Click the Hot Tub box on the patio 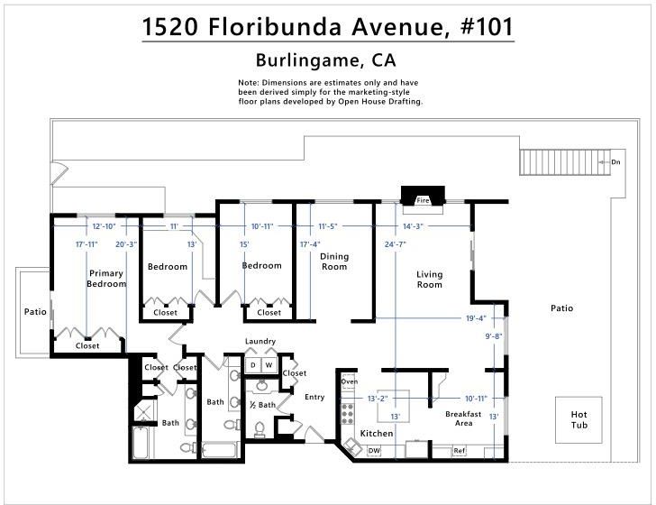click(x=579, y=419)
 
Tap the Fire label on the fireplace click(x=423, y=200)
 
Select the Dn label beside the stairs click(x=615, y=162)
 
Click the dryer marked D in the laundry click(x=252, y=365)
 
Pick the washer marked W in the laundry click(x=269, y=365)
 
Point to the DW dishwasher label click(x=374, y=451)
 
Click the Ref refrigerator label click(x=459, y=451)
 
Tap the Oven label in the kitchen click(x=350, y=381)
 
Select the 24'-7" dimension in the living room click(x=396, y=244)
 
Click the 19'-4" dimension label click(x=476, y=318)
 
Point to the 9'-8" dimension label click(x=494, y=335)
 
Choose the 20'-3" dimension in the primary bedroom click(x=126, y=244)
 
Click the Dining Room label click(x=334, y=262)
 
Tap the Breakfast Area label click(x=463, y=418)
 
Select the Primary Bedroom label click(x=106, y=279)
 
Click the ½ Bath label click(x=263, y=405)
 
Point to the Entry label click(x=314, y=397)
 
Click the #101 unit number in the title click(x=487, y=27)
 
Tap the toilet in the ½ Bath click(x=260, y=430)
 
